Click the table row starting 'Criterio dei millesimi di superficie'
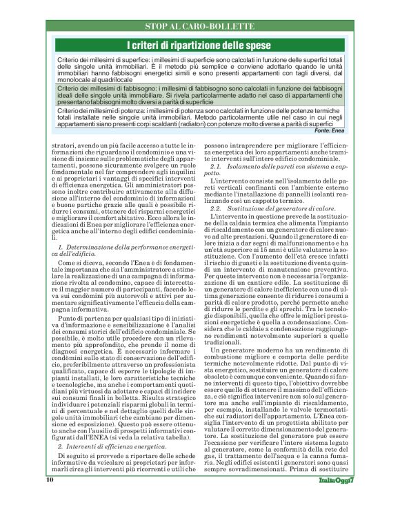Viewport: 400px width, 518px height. (x=200, y=70)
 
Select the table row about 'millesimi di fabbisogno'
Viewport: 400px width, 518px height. (x=200, y=97)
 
